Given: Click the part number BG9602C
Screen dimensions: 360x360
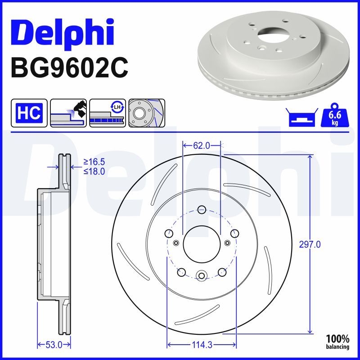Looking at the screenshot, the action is click(x=69, y=68).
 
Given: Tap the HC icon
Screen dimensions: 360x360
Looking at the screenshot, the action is click(x=29, y=113).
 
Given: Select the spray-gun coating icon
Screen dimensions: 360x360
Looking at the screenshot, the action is click(x=68, y=113).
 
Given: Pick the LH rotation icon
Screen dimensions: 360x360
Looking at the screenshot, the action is click(x=108, y=113).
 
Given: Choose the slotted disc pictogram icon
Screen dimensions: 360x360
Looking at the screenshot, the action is click(x=147, y=113).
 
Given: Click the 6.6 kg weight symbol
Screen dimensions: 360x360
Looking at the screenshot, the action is click(x=335, y=116).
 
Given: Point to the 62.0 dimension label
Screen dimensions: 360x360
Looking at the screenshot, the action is click(x=202, y=145).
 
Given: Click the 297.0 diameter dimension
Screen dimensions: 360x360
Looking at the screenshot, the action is click(x=310, y=245).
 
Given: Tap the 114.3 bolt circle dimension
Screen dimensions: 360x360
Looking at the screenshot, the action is click(x=202, y=345).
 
